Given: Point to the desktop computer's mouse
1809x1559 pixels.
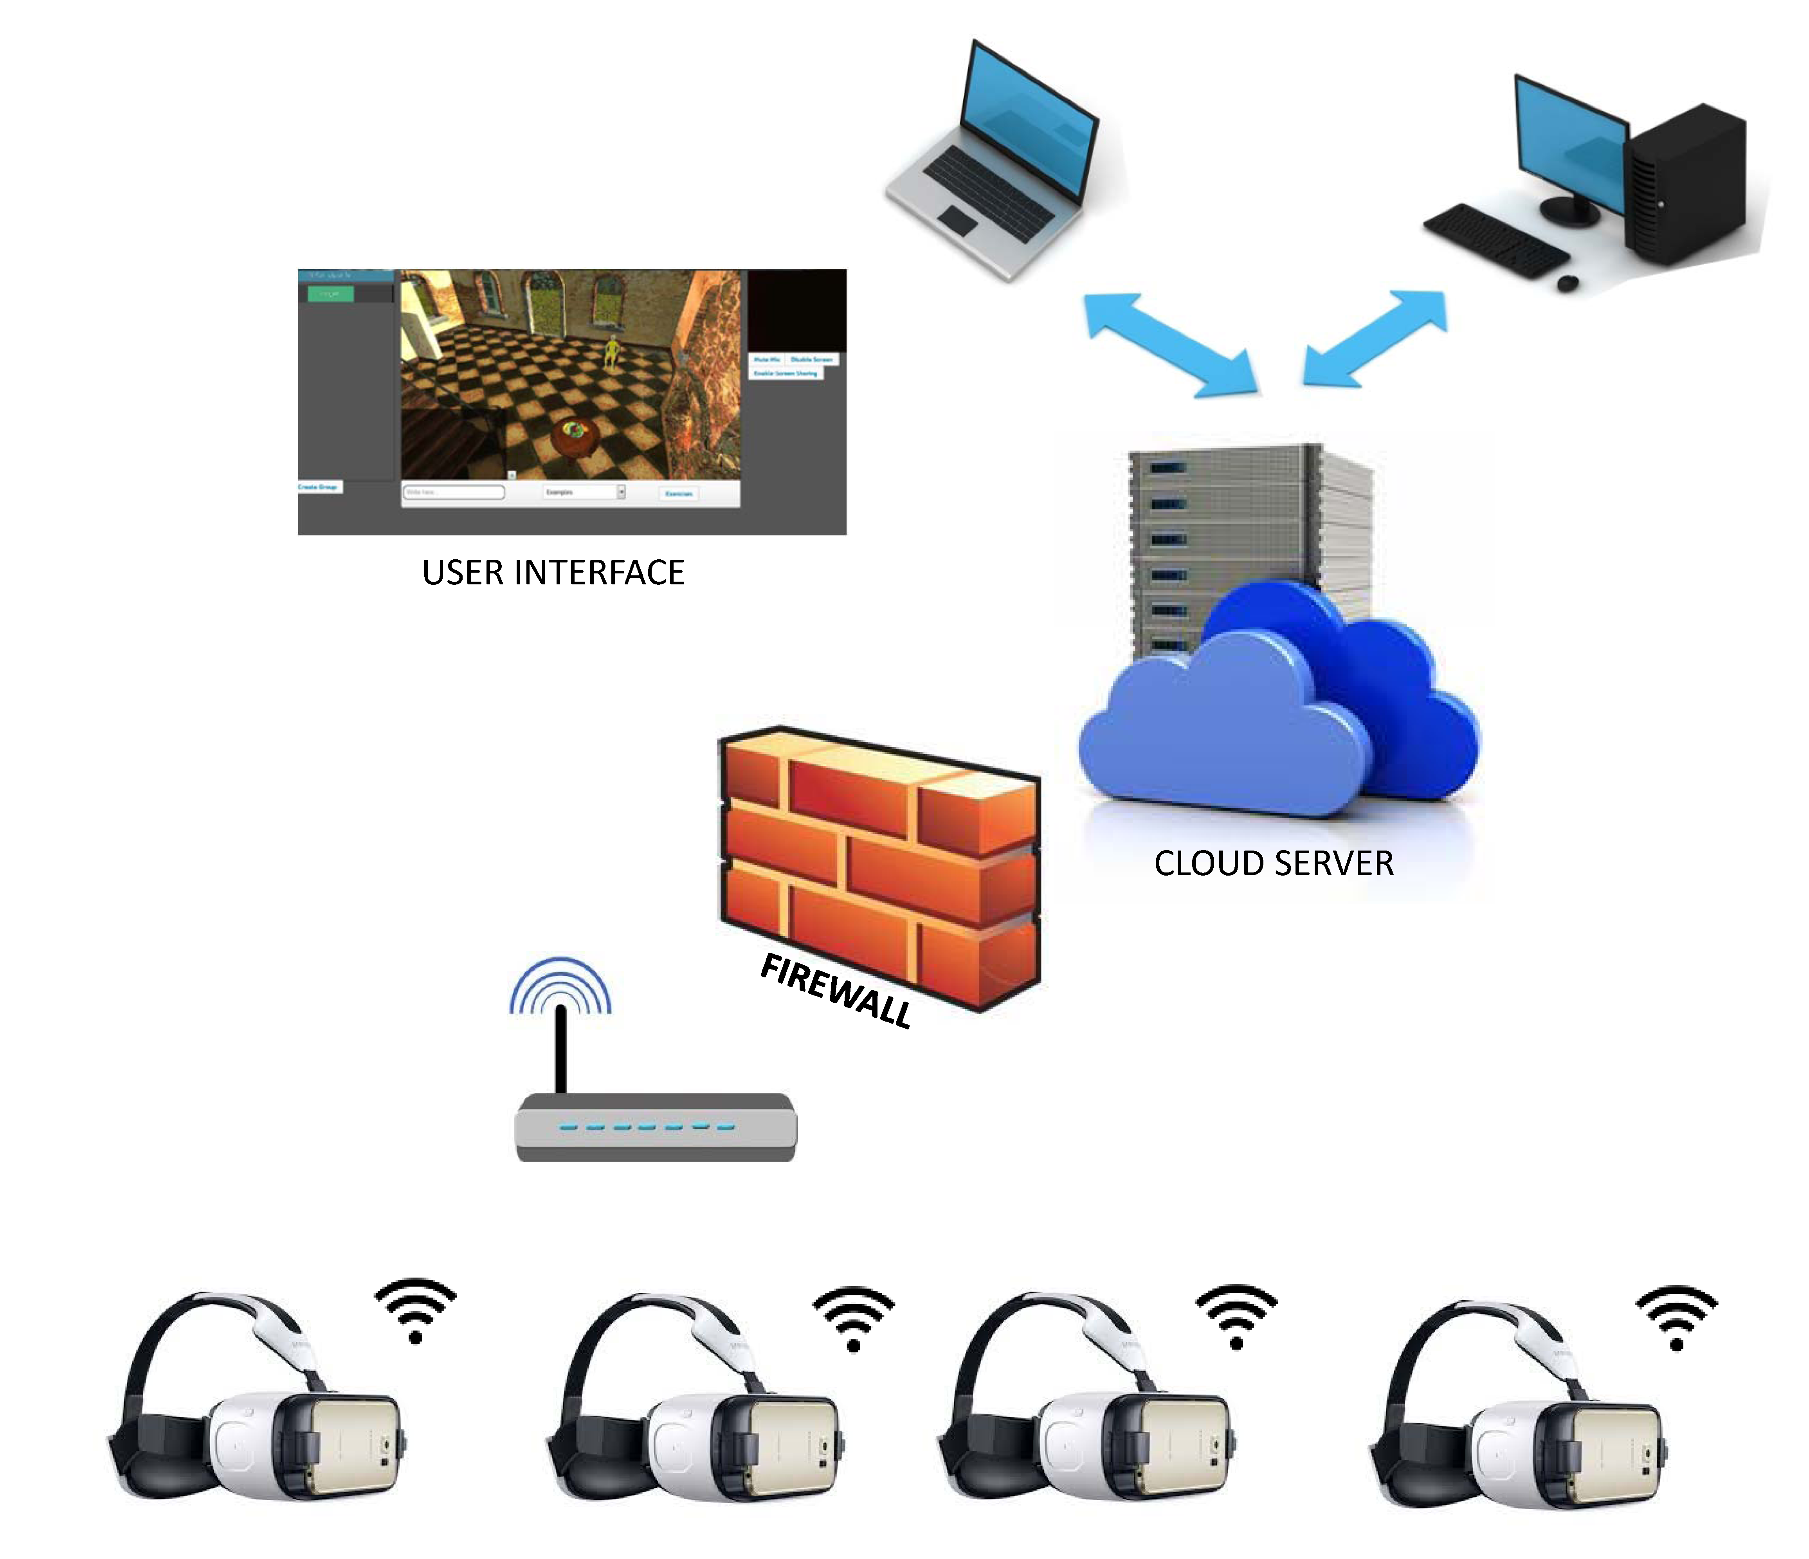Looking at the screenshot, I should [1567, 283].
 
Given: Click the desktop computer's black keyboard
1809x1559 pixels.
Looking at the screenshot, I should [1495, 240].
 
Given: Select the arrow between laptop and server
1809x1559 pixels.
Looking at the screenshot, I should [1170, 345].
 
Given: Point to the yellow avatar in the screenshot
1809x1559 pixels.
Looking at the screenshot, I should [612, 352].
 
